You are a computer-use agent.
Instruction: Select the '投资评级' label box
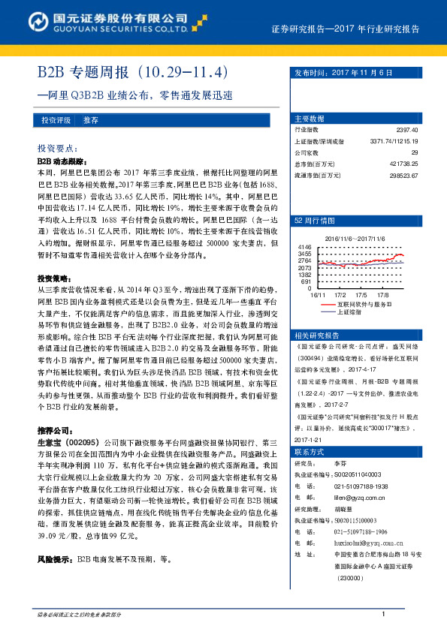click(x=56, y=120)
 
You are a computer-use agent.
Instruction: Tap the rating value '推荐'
click(x=91, y=120)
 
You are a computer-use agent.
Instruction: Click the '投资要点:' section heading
click(x=57, y=149)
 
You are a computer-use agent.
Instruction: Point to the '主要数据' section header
click(x=310, y=119)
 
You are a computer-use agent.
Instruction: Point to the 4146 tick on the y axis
click(x=304, y=247)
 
